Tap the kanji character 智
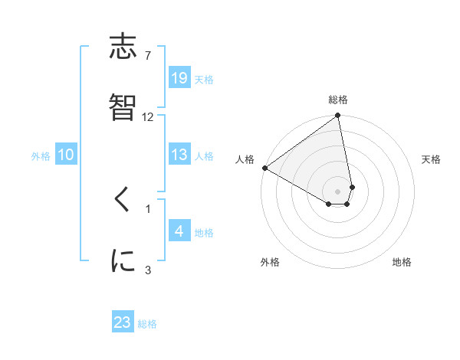[123, 109]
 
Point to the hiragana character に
[123, 260]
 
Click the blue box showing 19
[179, 77]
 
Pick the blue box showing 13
[179, 155]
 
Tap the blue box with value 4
[179, 231]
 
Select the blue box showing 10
[66, 155]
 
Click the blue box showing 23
[123, 322]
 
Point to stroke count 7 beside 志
[148, 56]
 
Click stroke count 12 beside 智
[148, 116]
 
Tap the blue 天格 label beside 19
[204, 79]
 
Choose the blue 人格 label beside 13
[204, 156]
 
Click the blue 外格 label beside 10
[41, 156]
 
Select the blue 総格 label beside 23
[147, 324]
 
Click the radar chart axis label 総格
[338, 100]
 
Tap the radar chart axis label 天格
[431, 159]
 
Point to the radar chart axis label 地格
[402, 262]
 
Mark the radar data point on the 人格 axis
[264, 168]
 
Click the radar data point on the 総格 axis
[338, 116]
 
